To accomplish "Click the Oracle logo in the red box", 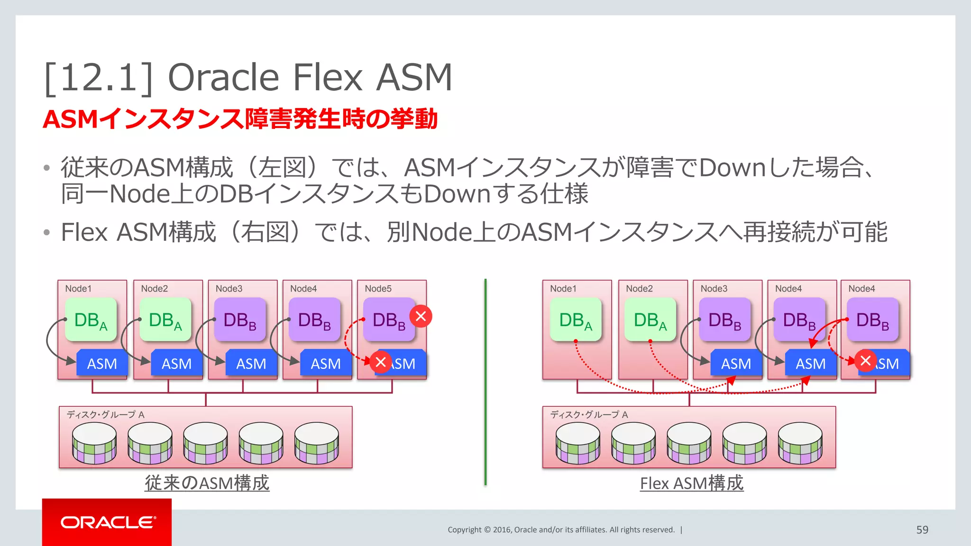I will tap(107, 522).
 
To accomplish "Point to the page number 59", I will tap(922, 530).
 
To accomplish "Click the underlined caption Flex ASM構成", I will tap(691, 483).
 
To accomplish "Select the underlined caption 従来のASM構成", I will tap(207, 483).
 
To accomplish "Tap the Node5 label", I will tap(378, 289).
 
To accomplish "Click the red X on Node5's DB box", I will tap(421, 316).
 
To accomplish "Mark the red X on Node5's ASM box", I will tap(381, 363).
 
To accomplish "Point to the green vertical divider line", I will tap(485, 379).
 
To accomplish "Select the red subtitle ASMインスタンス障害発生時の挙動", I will tap(240, 118).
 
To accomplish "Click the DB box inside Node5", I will tap(389, 320).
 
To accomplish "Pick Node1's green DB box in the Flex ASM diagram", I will tap(576, 320).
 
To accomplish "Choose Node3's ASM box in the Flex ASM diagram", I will tap(736, 364).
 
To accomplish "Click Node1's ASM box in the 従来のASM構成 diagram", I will tap(102, 364).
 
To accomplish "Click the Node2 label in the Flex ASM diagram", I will tap(639, 289).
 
